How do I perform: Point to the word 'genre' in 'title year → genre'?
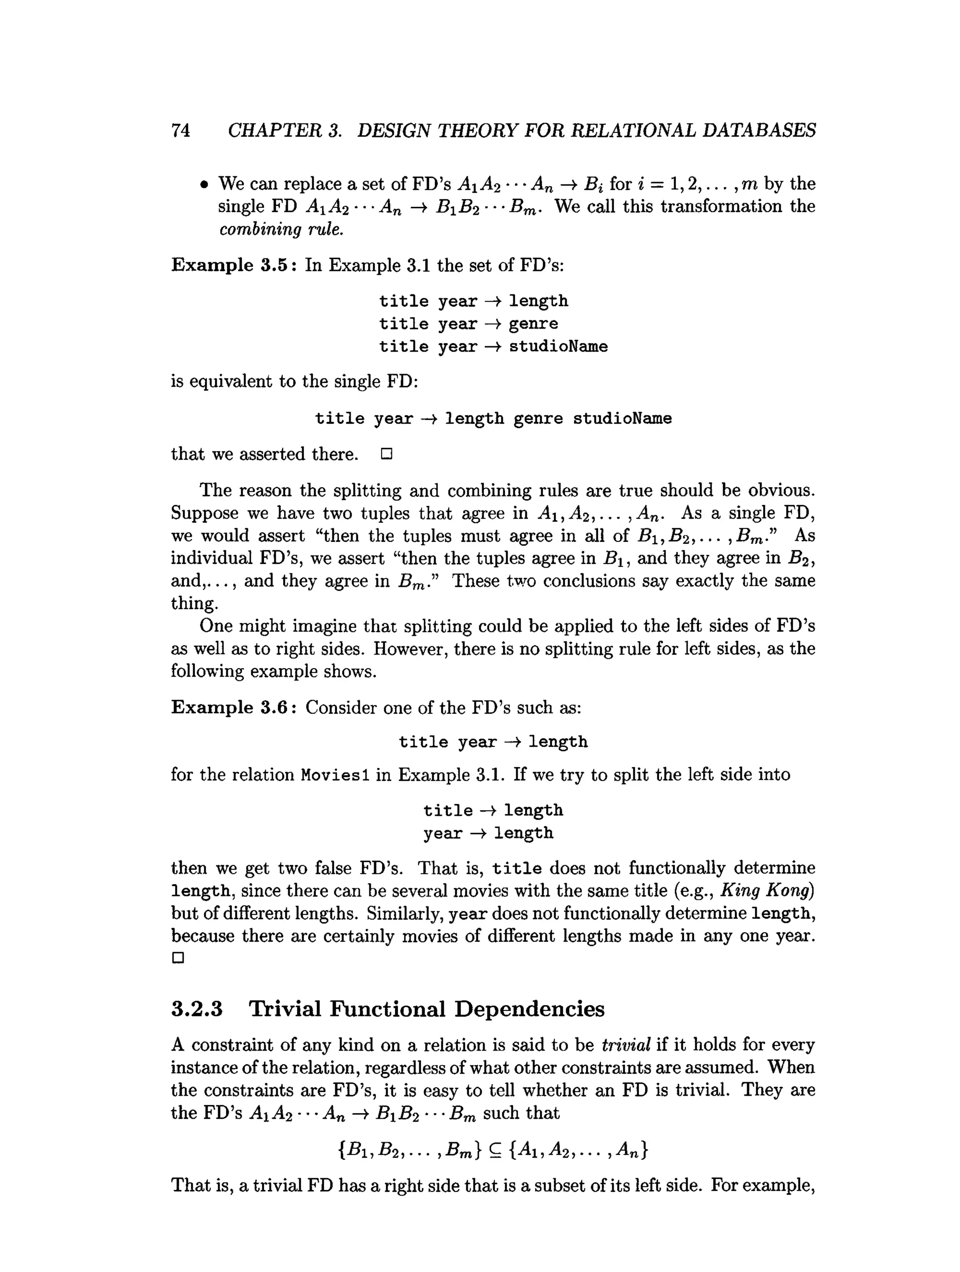click(x=533, y=324)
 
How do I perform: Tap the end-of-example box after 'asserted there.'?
click(x=386, y=454)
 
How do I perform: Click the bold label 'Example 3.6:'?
click(x=234, y=708)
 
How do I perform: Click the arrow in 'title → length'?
click(x=488, y=810)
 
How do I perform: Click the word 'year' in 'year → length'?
click(x=442, y=833)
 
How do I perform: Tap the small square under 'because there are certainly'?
click(x=178, y=958)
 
